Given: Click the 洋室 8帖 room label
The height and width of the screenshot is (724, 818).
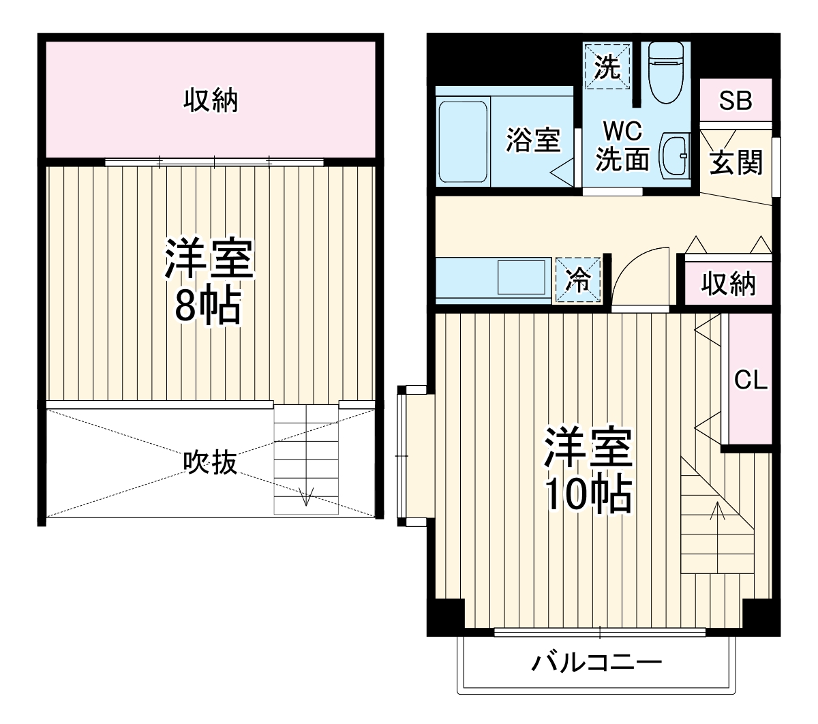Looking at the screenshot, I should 208,281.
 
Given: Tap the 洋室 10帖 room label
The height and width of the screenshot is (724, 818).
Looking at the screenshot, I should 588,470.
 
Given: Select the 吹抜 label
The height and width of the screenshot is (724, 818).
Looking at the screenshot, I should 211,463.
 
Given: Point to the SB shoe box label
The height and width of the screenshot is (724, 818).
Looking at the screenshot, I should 736,101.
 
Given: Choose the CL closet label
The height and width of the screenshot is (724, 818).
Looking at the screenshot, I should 751,380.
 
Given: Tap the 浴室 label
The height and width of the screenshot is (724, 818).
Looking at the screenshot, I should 532,140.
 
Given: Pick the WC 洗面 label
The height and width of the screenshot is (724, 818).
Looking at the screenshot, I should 622,145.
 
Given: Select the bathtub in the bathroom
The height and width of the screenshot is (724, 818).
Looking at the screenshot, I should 463,142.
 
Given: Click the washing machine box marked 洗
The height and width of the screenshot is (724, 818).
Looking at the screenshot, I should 606,65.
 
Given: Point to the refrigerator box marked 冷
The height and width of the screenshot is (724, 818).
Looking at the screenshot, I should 579,280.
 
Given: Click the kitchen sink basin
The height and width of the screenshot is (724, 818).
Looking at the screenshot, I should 521,278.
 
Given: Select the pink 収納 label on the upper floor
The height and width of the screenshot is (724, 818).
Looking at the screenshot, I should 211,101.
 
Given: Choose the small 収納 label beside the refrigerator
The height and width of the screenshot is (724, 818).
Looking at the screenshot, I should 728,282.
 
